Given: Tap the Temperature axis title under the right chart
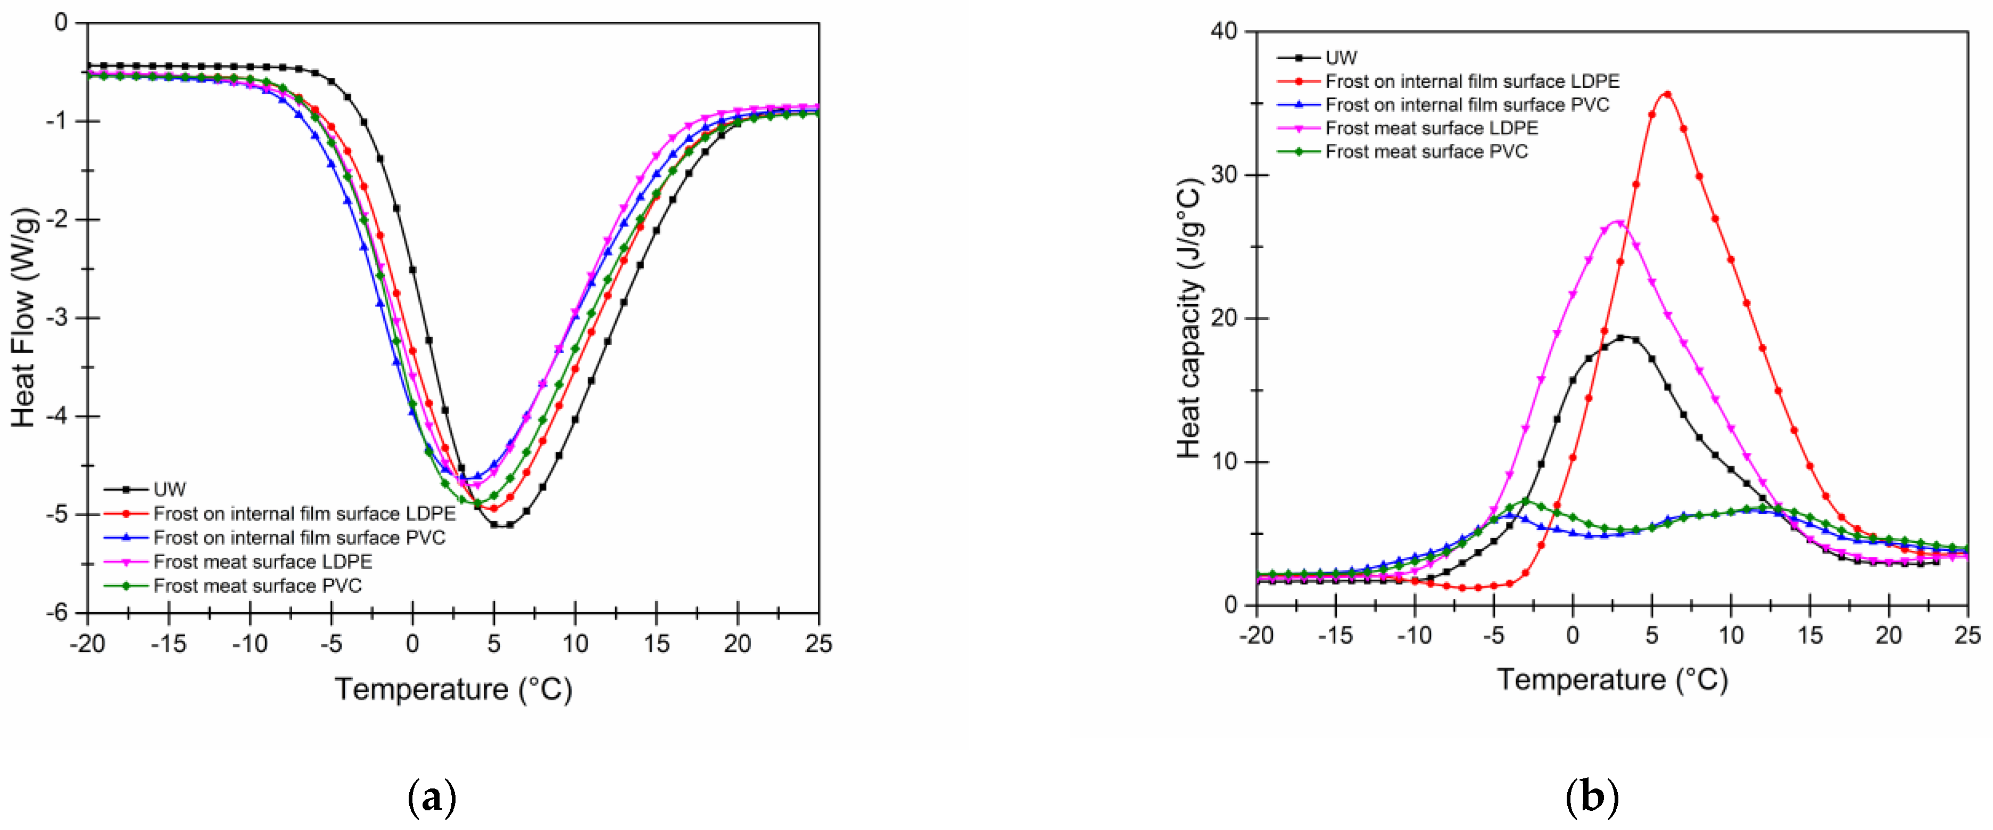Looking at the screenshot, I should tap(1612, 679).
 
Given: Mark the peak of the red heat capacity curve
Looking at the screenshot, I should tap(1667, 94).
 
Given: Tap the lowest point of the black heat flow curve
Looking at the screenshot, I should tap(501, 525).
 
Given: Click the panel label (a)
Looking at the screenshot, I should tap(432, 798).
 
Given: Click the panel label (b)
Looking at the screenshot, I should tap(1591, 798).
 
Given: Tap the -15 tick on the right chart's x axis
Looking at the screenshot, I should tap(1335, 636).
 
